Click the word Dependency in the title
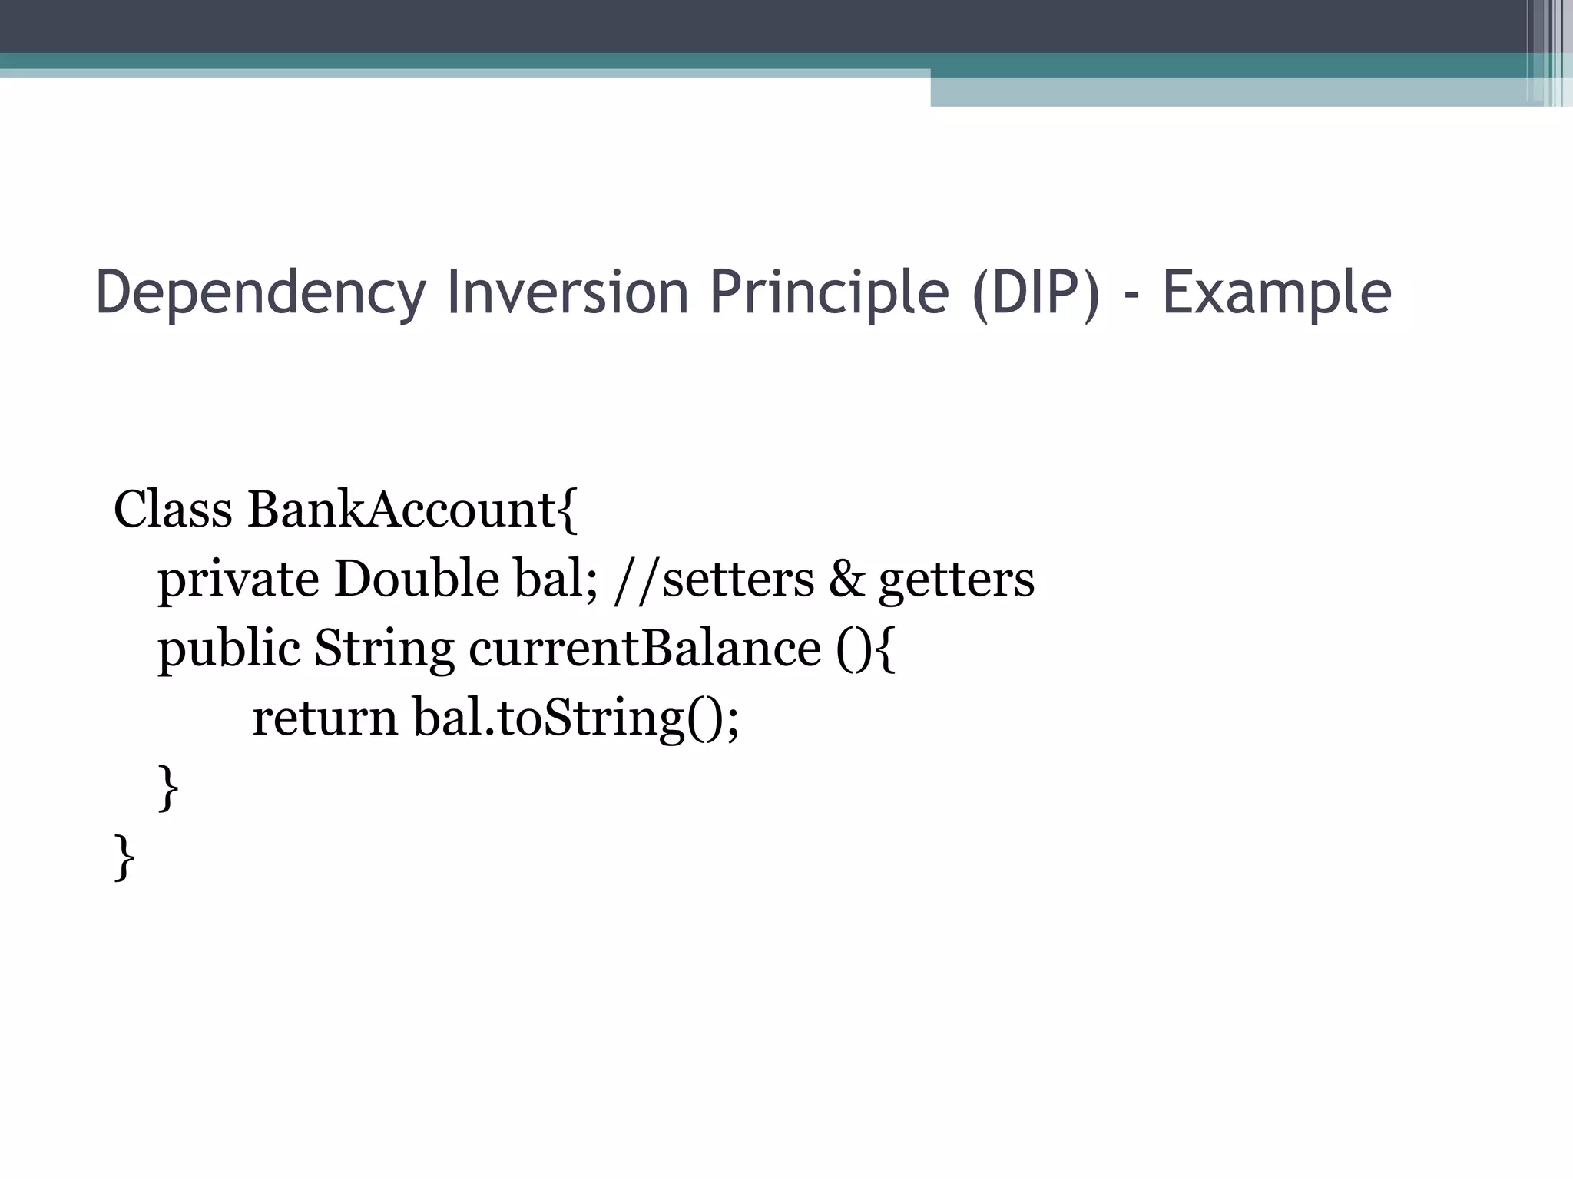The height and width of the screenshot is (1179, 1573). (x=260, y=293)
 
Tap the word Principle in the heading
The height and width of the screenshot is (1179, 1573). (x=829, y=293)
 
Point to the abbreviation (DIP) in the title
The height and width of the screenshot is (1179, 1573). (x=1035, y=292)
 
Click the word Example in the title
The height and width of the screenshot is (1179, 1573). (x=1277, y=293)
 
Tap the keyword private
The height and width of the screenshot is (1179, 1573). (x=238, y=580)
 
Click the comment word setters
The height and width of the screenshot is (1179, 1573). (x=738, y=580)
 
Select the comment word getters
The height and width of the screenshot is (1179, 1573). (x=956, y=581)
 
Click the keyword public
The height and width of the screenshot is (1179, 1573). (x=228, y=649)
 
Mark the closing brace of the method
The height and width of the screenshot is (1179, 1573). (x=168, y=788)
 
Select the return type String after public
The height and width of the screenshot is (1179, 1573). (x=384, y=649)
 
